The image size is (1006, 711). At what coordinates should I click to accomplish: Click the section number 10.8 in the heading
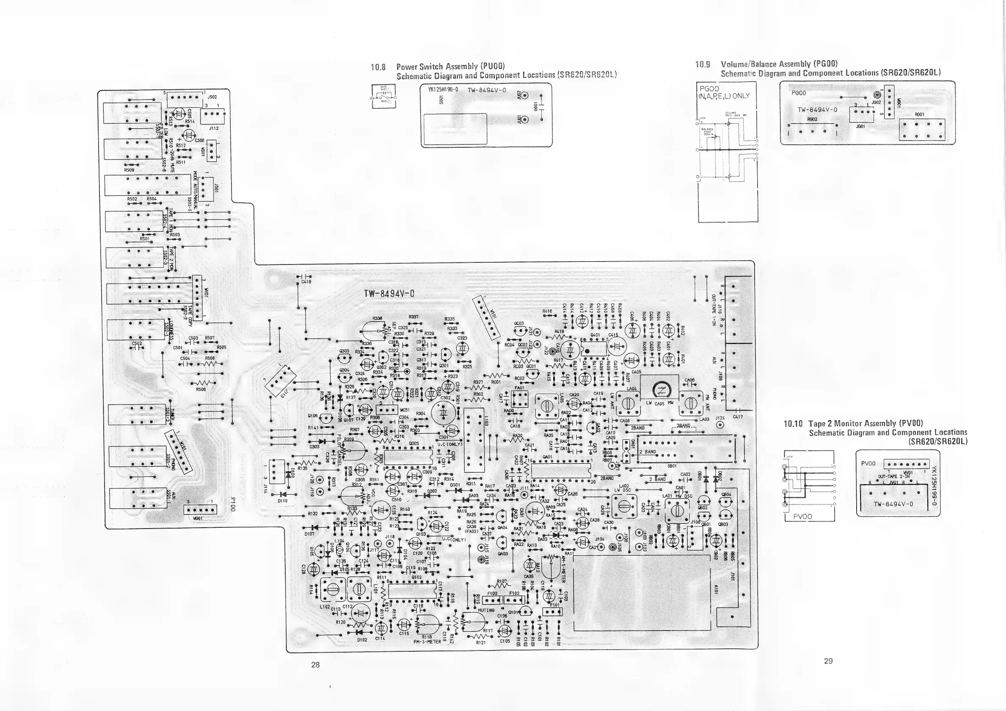pos(378,67)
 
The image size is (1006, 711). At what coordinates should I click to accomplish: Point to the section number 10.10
pos(793,424)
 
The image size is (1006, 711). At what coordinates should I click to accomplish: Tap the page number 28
pos(315,664)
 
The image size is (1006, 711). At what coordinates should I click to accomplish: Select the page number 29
pos(828,661)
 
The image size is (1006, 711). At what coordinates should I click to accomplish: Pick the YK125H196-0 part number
pos(443,90)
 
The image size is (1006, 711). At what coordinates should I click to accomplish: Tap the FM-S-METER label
pos(427,642)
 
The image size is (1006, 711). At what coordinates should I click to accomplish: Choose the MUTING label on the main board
pos(486,610)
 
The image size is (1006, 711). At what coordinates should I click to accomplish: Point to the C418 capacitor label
pos(306,282)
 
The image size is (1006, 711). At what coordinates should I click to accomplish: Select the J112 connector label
pos(213,128)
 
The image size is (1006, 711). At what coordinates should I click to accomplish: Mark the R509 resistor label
pos(129,170)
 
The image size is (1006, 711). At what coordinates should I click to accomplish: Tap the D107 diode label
pos(309,534)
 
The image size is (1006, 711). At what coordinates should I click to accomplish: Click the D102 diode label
pos(362,639)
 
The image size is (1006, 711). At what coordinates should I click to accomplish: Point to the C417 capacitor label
pos(738,416)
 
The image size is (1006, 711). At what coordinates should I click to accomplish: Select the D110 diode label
pos(283,500)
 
